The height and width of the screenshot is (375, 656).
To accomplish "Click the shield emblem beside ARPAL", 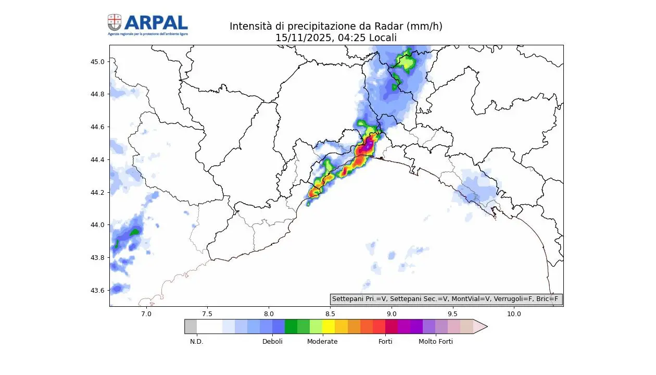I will pos(115,22).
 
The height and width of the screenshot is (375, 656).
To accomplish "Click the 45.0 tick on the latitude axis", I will pos(97,61).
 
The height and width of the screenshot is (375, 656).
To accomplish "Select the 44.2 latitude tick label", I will pos(97,192).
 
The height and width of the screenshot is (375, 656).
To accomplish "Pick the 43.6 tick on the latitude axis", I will pos(97,290).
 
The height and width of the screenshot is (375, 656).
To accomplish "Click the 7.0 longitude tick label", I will pos(146,314).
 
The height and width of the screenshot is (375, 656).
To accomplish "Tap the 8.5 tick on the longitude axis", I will pos(330,314).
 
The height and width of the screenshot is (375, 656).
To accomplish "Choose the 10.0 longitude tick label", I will pos(514,314).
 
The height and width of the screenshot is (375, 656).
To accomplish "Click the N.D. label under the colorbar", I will pos(196,342).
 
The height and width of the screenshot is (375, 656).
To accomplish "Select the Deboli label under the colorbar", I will pos(272,342).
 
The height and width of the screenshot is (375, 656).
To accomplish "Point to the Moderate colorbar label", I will pos(322,342).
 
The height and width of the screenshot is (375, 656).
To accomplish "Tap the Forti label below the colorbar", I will pos(385,342).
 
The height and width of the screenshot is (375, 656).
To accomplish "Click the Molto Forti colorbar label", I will pos(436,342).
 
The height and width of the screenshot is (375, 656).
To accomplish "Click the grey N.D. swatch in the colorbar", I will pos(191,327).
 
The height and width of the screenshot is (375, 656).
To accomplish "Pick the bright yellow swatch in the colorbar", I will pos(329,327).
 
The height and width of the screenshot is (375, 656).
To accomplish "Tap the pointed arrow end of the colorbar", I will pos(480,327).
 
